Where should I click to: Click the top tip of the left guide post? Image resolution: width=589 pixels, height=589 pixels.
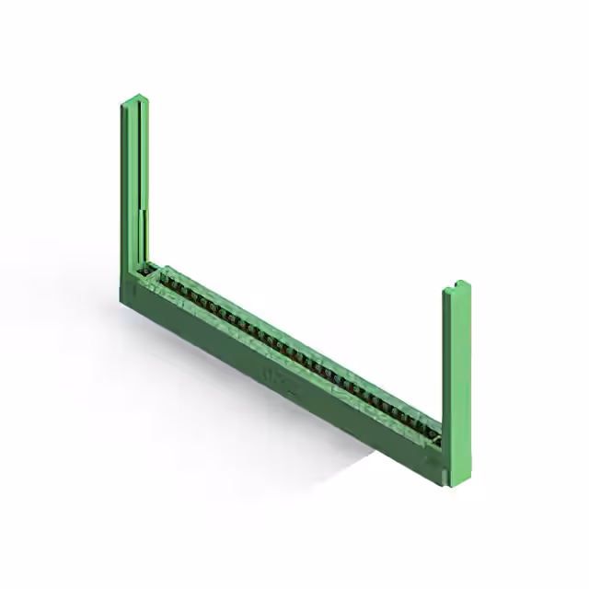click(134, 98)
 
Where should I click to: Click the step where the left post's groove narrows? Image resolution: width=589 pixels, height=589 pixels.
click(141, 211)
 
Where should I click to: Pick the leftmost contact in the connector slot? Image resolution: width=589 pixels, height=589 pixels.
click(156, 276)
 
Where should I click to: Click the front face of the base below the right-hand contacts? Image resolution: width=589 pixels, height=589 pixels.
click(387, 433)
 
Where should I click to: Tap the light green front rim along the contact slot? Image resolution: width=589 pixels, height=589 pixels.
click(276, 353)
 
